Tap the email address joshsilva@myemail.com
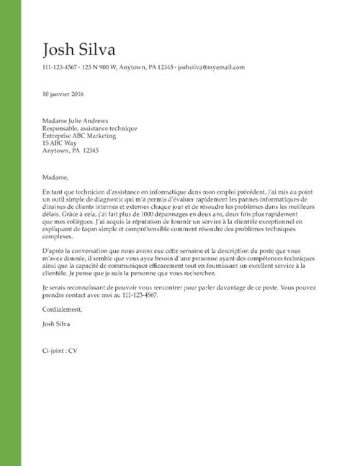pos(212,67)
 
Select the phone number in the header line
pos(60,67)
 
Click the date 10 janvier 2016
pos(63,94)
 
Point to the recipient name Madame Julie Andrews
pos(76,120)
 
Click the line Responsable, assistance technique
pos(90,128)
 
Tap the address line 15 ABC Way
pos(60,143)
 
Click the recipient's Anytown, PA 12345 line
pos(71,151)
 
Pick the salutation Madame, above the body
pos(55,176)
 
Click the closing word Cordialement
pos(63,310)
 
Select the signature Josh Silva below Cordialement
pos(58,324)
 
